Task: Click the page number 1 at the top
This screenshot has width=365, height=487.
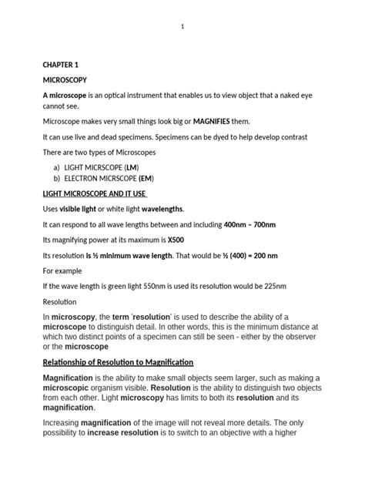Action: point(182,28)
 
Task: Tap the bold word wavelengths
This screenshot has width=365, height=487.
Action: point(159,209)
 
